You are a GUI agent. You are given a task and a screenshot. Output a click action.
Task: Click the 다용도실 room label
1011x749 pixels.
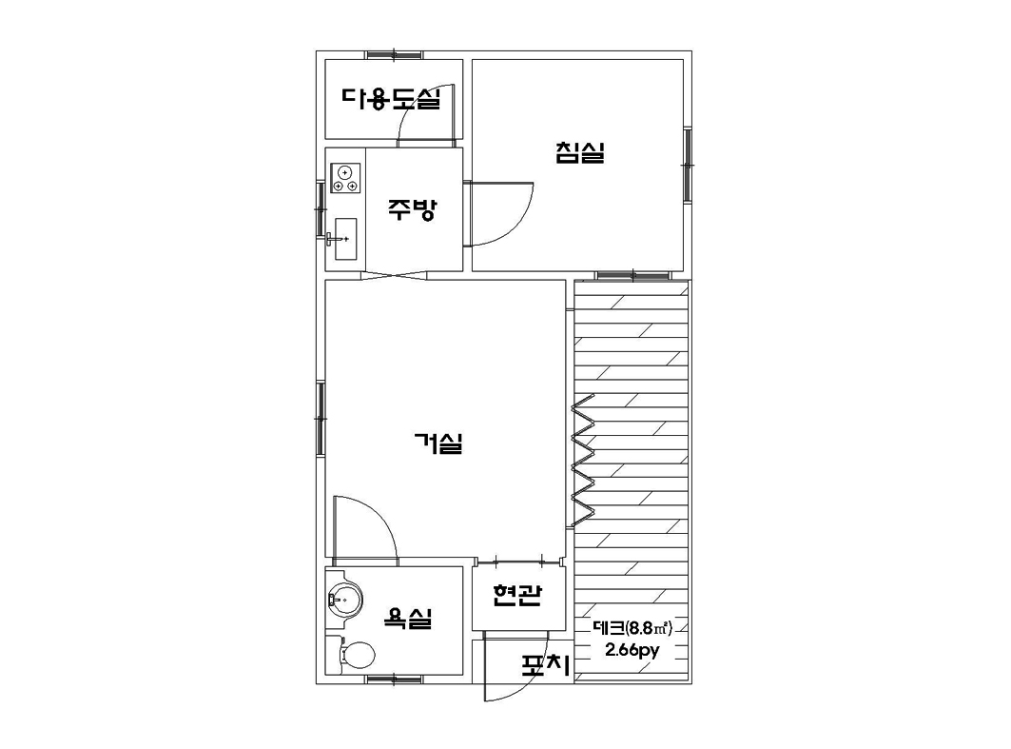pyautogui.click(x=392, y=98)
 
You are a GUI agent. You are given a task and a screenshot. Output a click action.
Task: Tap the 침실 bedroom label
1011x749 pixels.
pyautogui.click(x=579, y=152)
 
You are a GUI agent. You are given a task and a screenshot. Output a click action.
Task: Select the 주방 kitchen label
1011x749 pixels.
pyautogui.click(x=413, y=208)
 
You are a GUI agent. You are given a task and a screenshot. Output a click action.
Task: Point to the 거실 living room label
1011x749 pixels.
pyautogui.click(x=438, y=443)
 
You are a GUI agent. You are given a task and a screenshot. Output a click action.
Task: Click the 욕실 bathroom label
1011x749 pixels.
pyautogui.click(x=407, y=618)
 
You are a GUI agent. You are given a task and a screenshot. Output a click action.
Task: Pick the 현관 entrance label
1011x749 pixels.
pyautogui.click(x=516, y=595)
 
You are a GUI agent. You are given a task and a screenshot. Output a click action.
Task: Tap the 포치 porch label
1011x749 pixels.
pyautogui.click(x=546, y=666)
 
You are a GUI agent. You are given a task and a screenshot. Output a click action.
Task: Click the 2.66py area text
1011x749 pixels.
pyautogui.click(x=632, y=649)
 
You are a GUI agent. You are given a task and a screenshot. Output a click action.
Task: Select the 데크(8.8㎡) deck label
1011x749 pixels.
pyautogui.click(x=632, y=627)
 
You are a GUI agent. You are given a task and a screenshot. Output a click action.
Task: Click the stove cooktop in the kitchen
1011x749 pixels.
pyautogui.click(x=345, y=178)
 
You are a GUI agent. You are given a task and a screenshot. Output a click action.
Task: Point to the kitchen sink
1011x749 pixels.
pyautogui.click(x=345, y=239)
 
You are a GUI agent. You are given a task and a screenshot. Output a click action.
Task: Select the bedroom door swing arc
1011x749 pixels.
pyautogui.click(x=521, y=224)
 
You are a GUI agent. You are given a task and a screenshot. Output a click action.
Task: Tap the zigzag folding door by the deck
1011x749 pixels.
pyautogui.click(x=583, y=461)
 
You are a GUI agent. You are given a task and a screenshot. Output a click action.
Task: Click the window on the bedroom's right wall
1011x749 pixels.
pyautogui.click(x=688, y=166)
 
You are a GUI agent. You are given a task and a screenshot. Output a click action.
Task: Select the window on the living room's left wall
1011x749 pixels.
pyautogui.click(x=320, y=420)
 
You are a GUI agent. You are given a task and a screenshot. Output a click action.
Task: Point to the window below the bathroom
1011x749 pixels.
pyautogui.click(x=394, y=680)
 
